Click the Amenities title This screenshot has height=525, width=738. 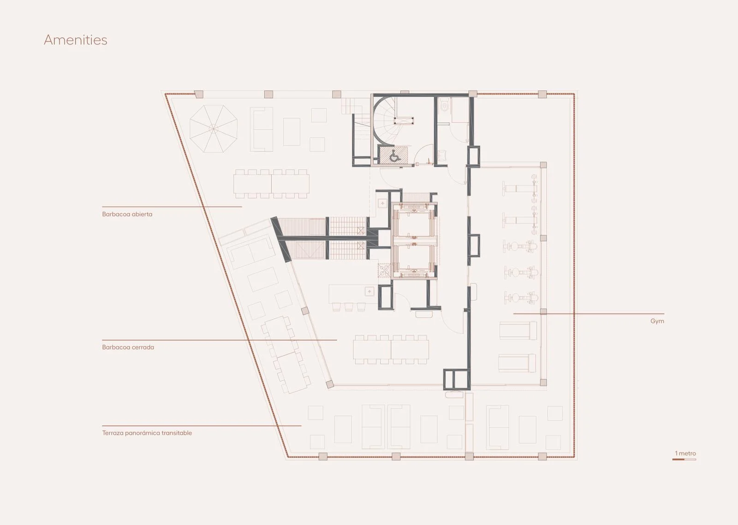pos(76,40)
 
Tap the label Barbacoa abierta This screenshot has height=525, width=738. pos(127,214)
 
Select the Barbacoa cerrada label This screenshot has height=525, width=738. pos(128,347)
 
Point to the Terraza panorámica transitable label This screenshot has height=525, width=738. pos(147,433)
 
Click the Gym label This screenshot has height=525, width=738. pos(657,321)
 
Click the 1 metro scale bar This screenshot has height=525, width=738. pos(684,459)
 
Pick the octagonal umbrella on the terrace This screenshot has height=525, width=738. pos(214,129)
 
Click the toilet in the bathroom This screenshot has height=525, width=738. pos(445,106)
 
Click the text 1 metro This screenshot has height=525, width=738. pos(685,453)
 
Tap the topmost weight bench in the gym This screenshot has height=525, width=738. pos(519,189)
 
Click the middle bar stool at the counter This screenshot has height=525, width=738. pos(349,307)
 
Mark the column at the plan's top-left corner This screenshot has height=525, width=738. pos(198,94)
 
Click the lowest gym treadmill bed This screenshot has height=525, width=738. pos(517,363)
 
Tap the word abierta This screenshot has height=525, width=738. pos(142,214)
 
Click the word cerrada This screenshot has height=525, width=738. pos(143,347)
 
